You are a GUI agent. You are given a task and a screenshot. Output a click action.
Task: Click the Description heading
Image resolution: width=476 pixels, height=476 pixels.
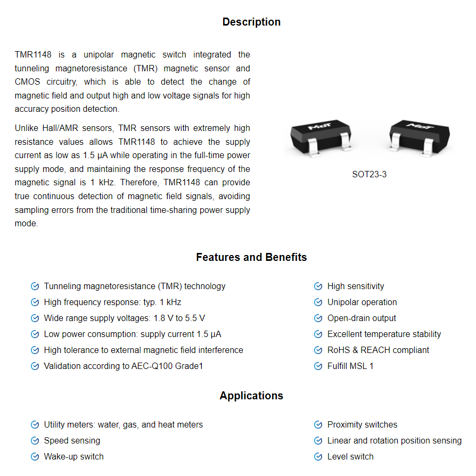tap(251, 22)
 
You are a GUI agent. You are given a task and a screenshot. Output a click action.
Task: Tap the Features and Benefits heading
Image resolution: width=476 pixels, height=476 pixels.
tap(251, 257)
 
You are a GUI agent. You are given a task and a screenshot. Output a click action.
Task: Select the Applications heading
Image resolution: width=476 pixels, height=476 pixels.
tap(251, 396)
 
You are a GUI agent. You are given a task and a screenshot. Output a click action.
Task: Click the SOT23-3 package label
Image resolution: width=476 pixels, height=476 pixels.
tap(369, 174)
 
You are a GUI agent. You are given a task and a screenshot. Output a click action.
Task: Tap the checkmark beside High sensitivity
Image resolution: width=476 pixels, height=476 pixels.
tap(318, 286)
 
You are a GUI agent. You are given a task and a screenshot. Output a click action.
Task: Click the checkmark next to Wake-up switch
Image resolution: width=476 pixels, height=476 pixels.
tap(35, 457)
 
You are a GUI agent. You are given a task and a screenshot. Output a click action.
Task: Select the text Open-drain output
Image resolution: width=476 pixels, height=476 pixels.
tap(362, 318)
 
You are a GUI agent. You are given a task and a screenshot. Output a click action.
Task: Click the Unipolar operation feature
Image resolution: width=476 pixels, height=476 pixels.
tap(362, 302)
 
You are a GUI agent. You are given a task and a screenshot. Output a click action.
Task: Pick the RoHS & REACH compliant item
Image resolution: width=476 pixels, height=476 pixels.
tap(378, 350)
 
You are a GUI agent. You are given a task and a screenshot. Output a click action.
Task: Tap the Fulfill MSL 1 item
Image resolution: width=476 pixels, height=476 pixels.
tap(350, 366)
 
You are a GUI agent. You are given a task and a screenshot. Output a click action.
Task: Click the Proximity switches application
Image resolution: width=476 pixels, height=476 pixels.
tap(362, 424)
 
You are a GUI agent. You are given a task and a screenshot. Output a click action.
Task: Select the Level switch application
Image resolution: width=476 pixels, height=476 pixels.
tap(350, 456)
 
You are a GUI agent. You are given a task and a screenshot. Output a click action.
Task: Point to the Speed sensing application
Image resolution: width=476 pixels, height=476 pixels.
tap(72, 440)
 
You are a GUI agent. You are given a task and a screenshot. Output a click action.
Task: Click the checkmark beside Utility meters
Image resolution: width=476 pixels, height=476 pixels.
tap(35, 425)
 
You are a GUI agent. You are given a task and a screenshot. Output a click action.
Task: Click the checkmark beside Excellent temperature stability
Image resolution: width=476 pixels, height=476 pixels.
tap(318, 334)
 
